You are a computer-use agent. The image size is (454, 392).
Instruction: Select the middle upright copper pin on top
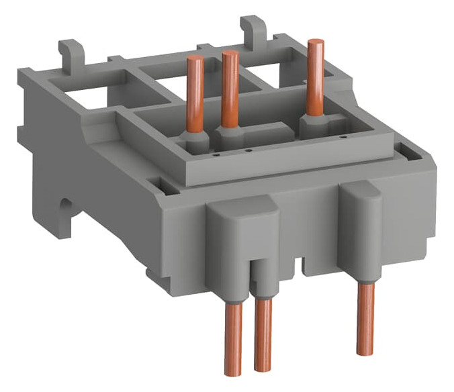(230, 87)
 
